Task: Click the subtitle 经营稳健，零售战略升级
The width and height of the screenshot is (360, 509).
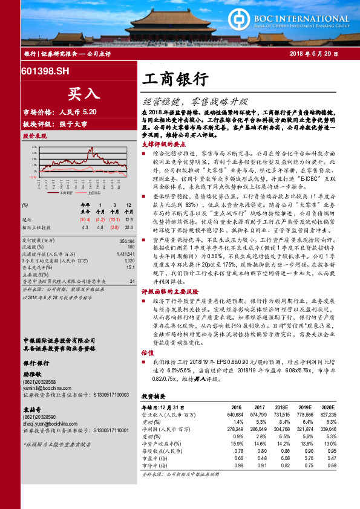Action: pyautogui.click(x=197, y=101)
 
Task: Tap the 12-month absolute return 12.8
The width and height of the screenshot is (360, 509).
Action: pyautogui.click(x=128, y=219)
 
